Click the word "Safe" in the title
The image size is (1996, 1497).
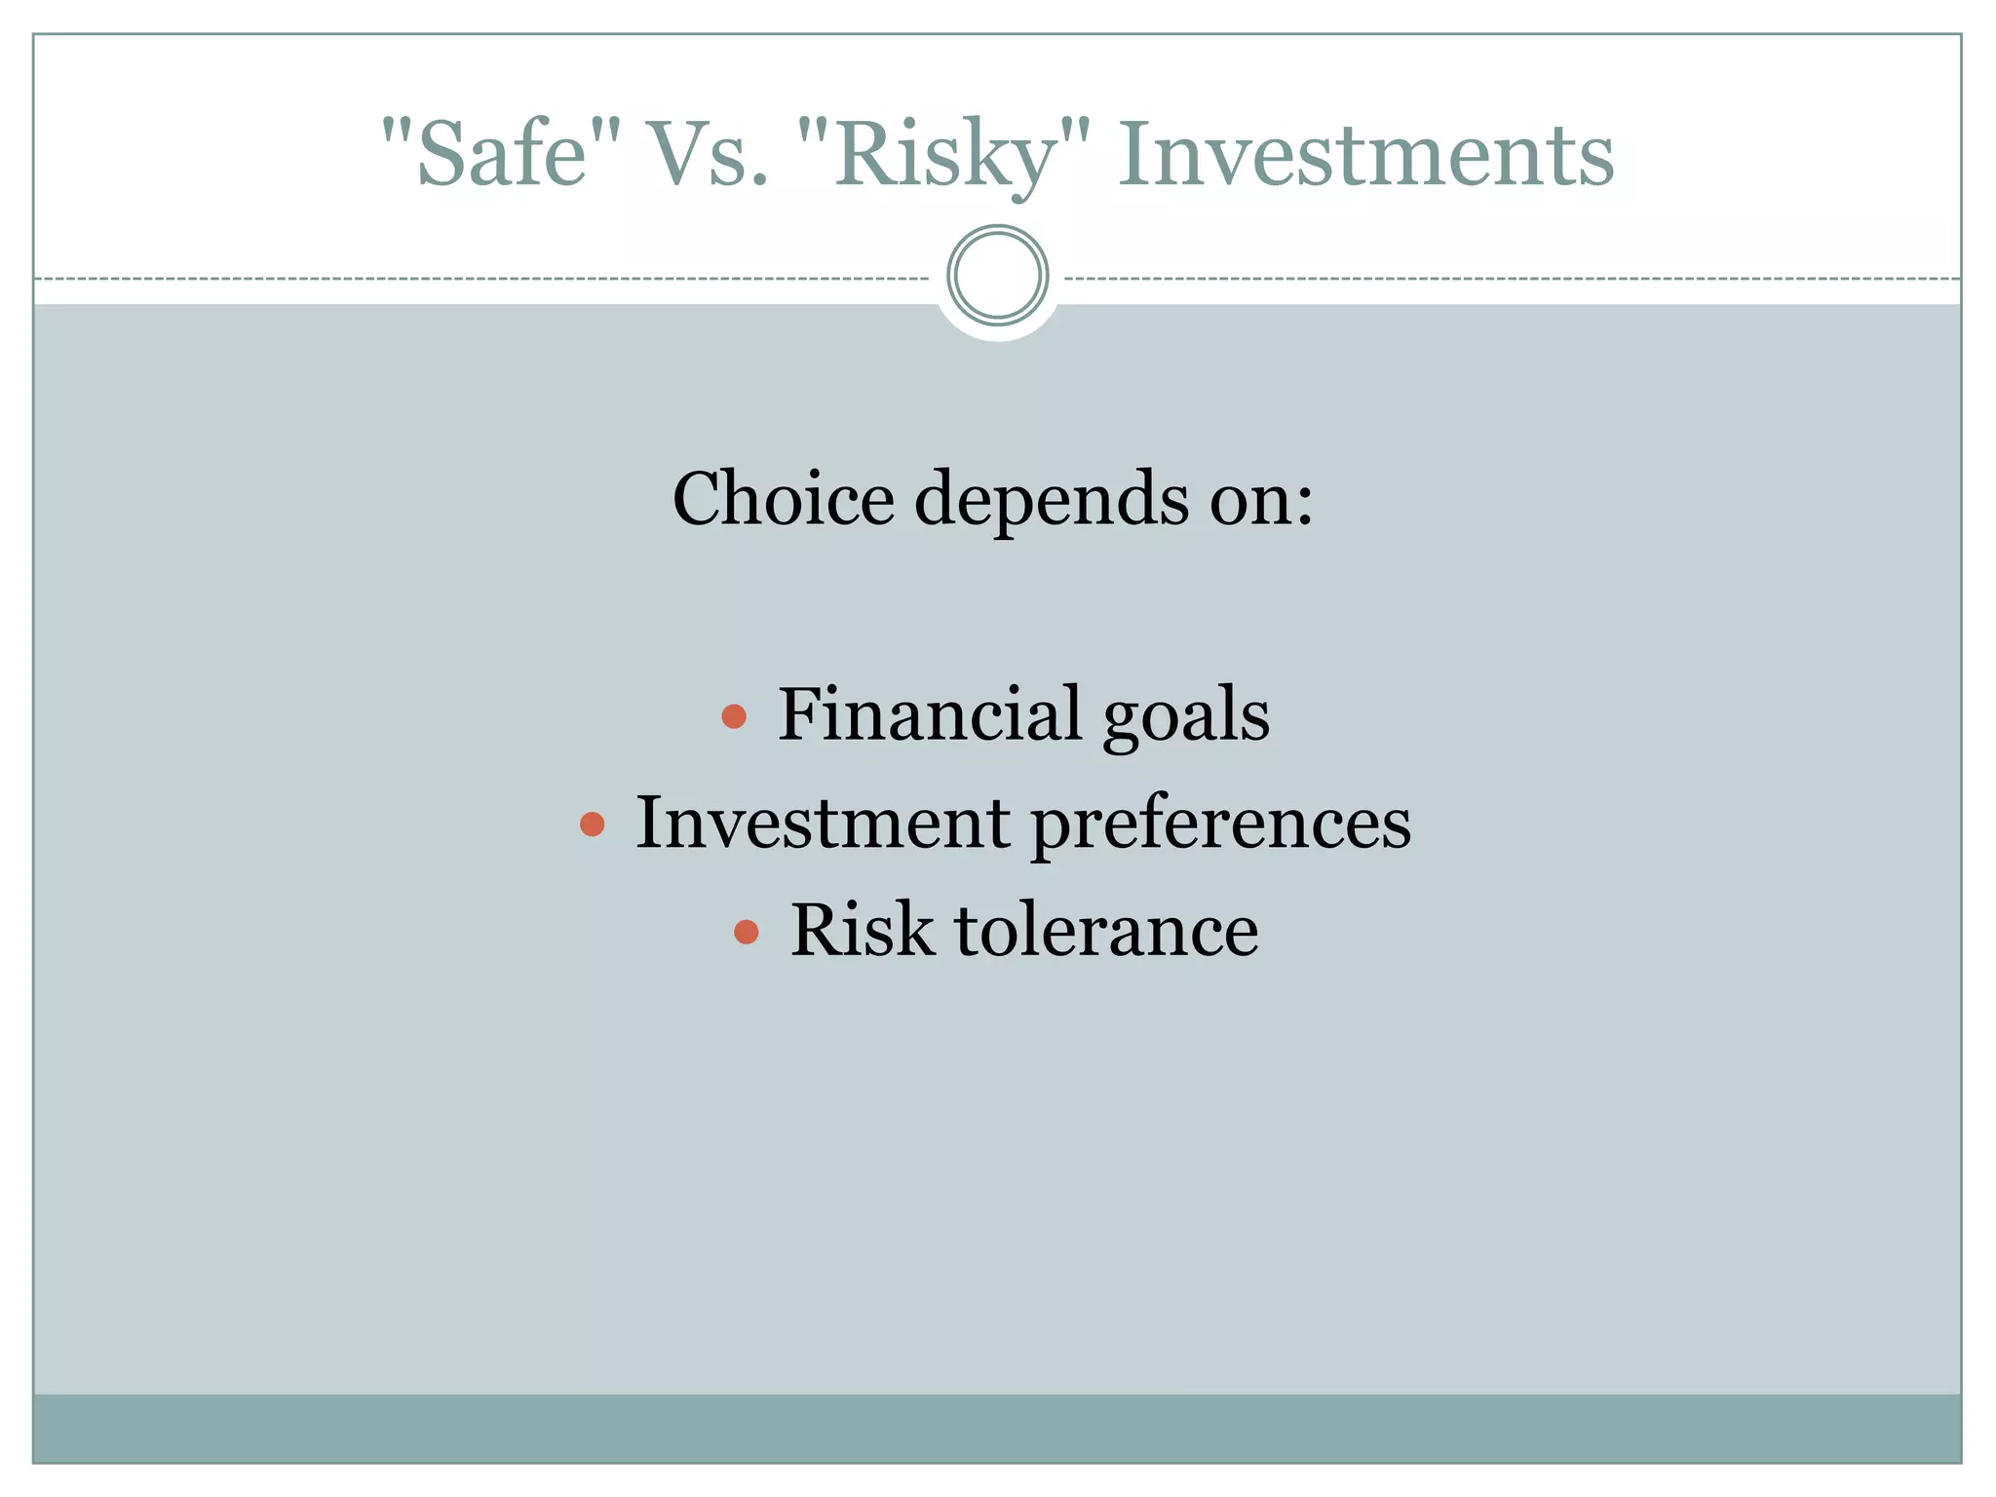click(501, 154)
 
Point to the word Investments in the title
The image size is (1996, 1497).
click(1365, 154)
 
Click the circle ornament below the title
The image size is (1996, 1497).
click(997, 275)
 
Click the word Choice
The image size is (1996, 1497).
click(783, 498)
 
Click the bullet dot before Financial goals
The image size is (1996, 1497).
click(734, 717)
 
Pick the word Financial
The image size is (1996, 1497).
click(930, 713)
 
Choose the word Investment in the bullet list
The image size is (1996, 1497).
click(823, 822)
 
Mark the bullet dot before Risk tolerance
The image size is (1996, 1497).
click(746, 932)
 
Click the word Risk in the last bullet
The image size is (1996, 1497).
click(862, 930)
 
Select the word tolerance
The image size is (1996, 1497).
click(1106, 930)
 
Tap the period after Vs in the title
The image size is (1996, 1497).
click(759, 181)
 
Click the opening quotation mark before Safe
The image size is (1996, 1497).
click(394, 128)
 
